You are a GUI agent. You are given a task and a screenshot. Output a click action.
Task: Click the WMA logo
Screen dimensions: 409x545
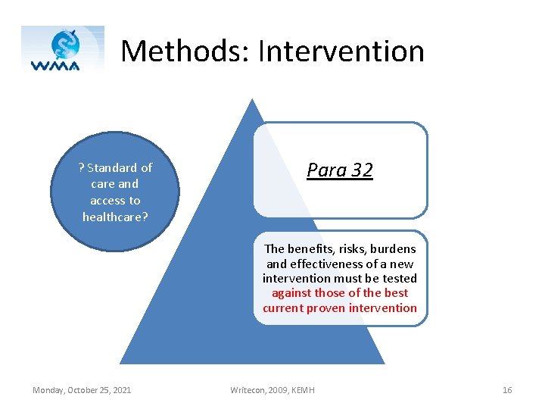(x=63, y=50)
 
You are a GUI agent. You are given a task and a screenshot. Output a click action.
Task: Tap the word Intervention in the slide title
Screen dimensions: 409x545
(x=341, y=52)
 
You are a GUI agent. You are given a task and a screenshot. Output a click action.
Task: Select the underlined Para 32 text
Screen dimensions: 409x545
(x=339, y=170)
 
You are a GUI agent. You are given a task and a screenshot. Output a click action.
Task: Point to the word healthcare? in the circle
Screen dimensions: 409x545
(x=115, y=217)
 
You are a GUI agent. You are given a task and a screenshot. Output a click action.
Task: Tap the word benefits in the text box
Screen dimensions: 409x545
(x=308, y=248)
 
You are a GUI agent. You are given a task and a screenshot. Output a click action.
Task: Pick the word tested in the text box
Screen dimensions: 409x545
(x=399, y=278)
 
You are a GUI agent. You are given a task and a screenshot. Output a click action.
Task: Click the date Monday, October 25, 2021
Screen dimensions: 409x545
(x=82, y=390)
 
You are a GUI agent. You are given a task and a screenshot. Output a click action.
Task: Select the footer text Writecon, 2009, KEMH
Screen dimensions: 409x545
(x=272, y=390)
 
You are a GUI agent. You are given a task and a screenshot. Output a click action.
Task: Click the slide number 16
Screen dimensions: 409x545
(x=506, y=390)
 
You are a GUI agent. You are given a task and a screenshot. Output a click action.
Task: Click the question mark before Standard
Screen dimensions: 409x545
(x=81, y=167)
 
